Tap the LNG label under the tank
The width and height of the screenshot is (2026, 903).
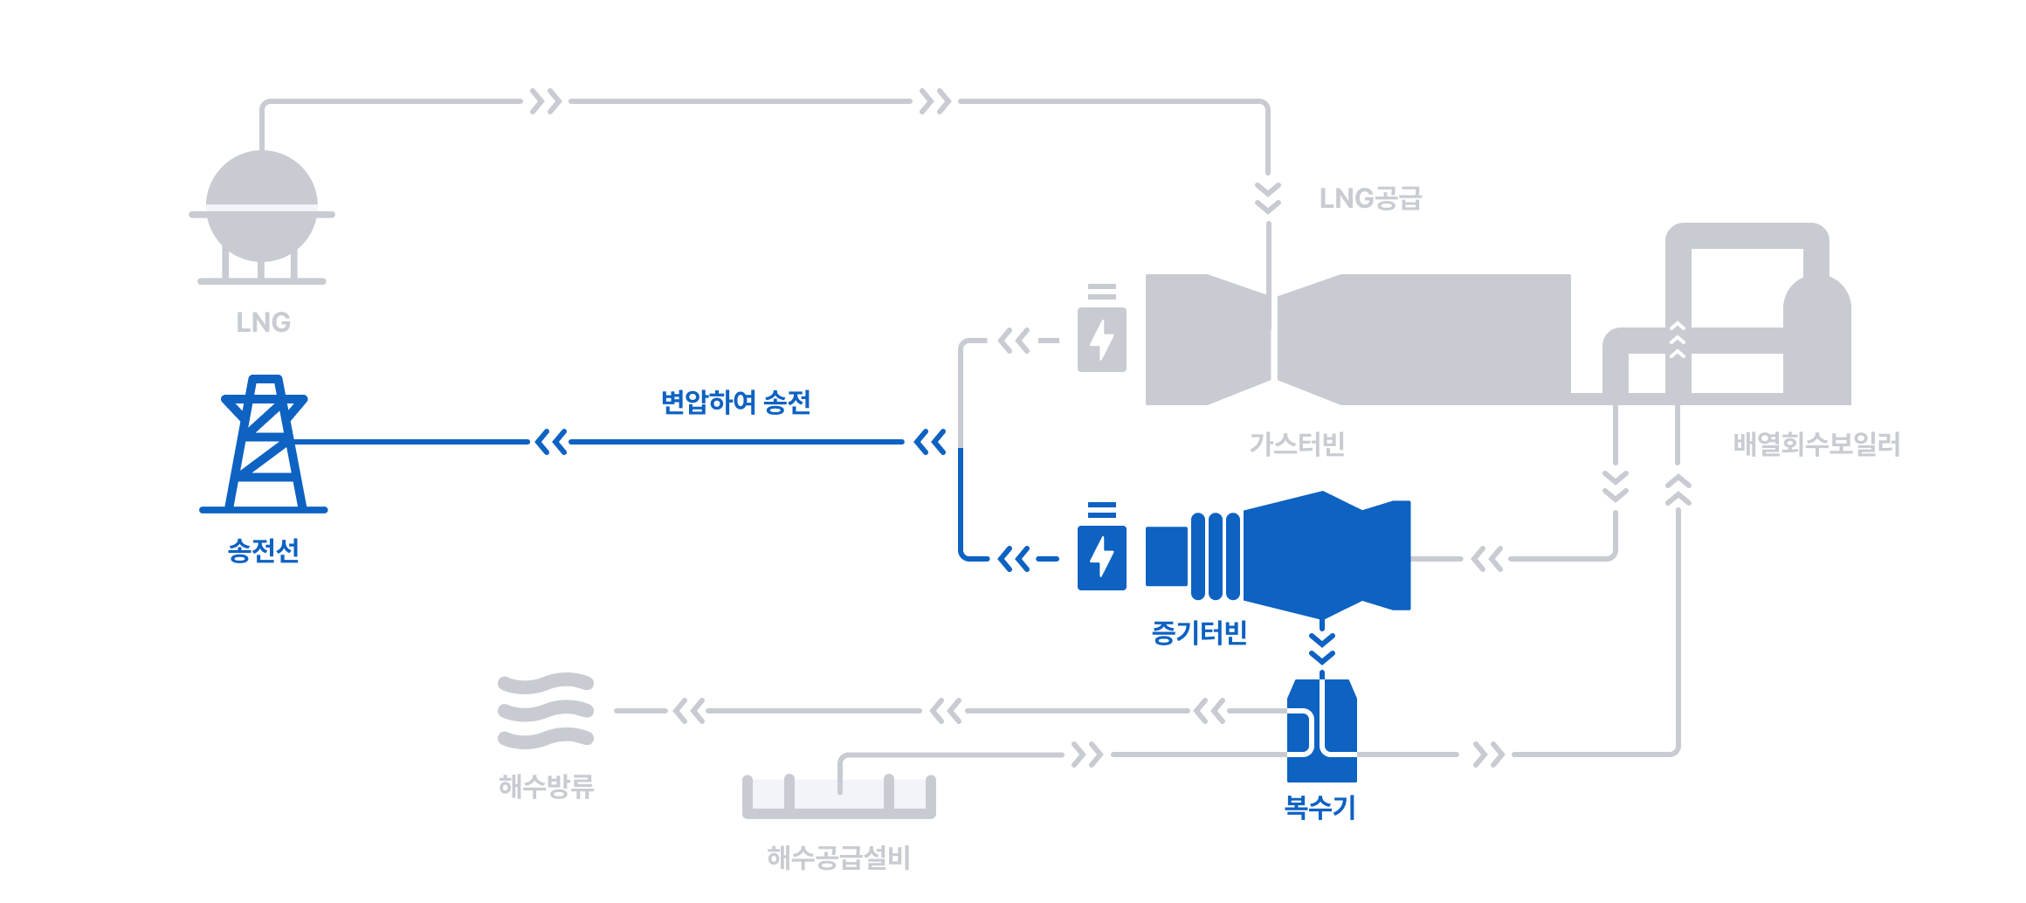click(263, 322)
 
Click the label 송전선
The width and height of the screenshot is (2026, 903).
click(263, 550)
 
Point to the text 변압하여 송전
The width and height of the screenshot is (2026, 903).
click(735, 402)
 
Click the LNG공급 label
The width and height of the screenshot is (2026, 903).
click(1370, 198)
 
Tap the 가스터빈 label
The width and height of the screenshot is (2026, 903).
click(1297, 445)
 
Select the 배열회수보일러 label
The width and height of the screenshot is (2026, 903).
click(1816, 445)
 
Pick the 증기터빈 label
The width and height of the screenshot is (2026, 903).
click(1199, 632)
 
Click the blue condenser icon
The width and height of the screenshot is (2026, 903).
click(1322, 730)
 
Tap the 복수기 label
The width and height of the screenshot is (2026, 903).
click(1320, 807)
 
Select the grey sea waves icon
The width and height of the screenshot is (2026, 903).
click(546, 711)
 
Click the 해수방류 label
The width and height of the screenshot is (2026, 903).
click(546, 786)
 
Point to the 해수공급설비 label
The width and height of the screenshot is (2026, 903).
click(838, 858)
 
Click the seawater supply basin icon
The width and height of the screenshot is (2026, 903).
click(839, 796)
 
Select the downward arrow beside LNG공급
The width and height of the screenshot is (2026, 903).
click(1268, 198)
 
